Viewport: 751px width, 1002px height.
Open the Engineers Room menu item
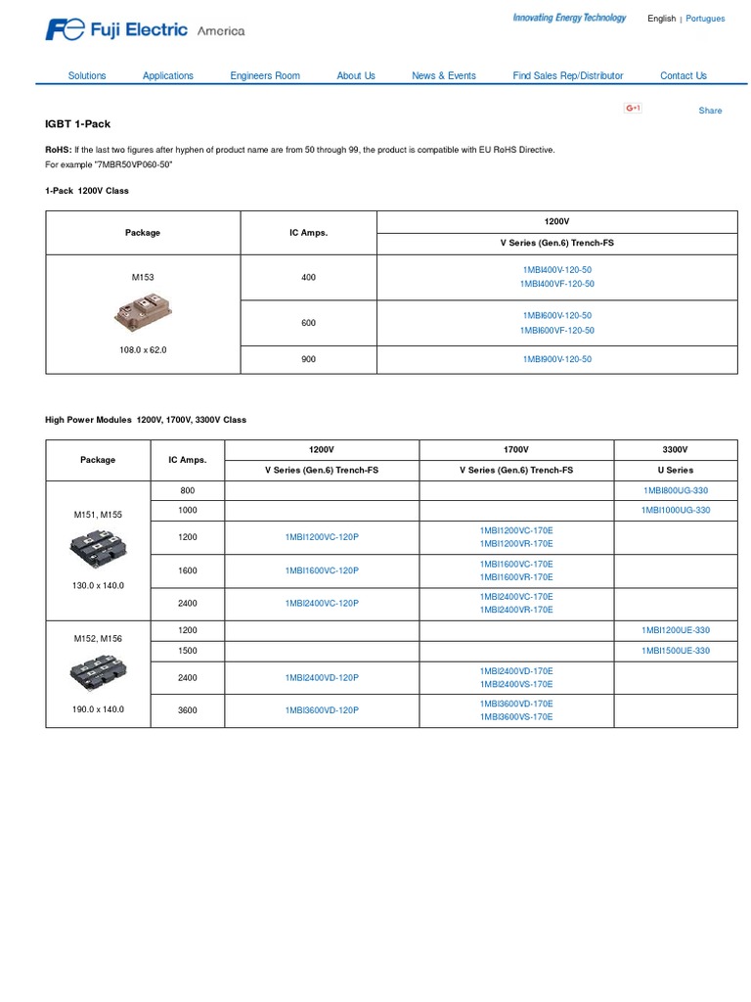click(265, 75)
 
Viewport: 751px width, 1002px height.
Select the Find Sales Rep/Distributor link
click(567, 75)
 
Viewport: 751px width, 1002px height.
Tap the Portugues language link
click(705, 19)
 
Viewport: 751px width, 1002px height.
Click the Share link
click(710, 111)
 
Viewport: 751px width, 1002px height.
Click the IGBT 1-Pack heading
click(78, 124)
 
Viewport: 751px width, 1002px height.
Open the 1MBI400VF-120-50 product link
click(557, 284)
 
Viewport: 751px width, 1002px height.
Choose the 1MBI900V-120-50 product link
click(557, 359)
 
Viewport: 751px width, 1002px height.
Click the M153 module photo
click(143, 313)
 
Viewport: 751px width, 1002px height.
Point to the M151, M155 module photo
click(98, 549)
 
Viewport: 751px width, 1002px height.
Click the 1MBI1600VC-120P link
click(322, 570)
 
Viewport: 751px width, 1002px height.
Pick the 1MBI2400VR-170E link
click(516, 610)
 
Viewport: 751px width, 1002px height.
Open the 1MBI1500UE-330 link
click(675, 651)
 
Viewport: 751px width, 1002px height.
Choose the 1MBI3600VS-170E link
click(516, 717)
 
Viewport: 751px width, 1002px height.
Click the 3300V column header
click(675, 449)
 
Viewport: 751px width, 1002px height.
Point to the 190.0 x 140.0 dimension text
click(98, 709)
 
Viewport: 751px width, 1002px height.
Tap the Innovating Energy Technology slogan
click(569, 18)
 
